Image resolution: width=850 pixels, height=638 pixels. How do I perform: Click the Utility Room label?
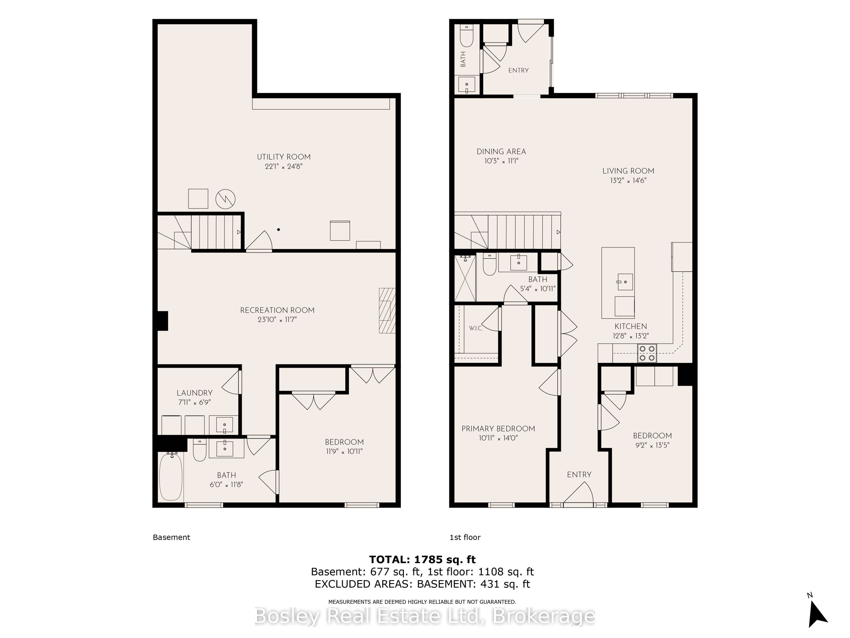[284, 157]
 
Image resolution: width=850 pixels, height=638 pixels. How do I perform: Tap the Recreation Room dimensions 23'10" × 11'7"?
[277, 320]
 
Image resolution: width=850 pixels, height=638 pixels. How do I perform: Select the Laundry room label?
[194, 393]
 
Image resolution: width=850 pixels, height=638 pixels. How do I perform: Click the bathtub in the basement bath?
[171, 477]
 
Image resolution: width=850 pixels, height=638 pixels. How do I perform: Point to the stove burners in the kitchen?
[647, 353]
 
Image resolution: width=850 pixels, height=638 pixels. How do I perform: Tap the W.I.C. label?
[476, 329]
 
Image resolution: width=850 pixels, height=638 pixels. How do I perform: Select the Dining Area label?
[501, 152]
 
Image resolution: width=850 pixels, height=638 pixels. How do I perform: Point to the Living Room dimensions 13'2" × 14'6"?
[628, 180]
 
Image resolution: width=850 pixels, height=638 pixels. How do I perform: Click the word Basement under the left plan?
[171, 537]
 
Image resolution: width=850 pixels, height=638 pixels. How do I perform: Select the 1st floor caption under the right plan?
[465, 537]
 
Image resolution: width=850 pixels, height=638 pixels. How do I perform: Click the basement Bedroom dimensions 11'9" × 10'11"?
[344, 451]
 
